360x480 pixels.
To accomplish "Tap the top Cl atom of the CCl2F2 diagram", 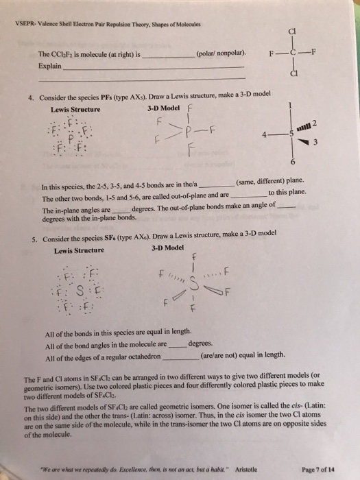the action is (x=293, y=29).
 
